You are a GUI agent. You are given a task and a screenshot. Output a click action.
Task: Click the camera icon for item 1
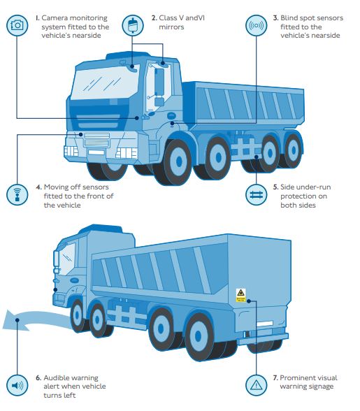click(x=17, y=25)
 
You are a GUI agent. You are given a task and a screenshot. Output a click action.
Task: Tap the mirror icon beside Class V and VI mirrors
click(x=133, y=25)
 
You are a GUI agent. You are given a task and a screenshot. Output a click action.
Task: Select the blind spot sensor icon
click(x=256, y=25)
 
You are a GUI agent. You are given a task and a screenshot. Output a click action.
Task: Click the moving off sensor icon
click(x=17, y=194)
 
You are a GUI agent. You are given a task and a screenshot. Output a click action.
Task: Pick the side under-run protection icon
click(x=256, y=195)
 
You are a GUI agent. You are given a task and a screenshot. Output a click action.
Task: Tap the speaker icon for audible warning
click(x=17, y=385)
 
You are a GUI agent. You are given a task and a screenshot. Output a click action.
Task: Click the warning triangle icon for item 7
click(x=256, y=385)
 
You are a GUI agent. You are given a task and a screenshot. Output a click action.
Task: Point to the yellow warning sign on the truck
click(x=240, y=295)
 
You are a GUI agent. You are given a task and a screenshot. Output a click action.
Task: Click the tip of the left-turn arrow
click(x=3, y=328)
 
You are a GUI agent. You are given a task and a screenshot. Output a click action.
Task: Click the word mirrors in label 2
click(x=171, y=27)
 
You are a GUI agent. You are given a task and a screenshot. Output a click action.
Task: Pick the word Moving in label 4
click(x=58, y=187)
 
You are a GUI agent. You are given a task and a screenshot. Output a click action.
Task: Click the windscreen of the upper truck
click(x=104, y=82)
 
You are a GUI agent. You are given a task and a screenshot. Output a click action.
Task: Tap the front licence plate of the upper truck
click(x=96, y=152)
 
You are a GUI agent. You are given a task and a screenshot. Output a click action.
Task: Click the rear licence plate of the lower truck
click(x=264, y=324)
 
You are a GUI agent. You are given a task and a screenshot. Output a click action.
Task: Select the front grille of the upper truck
click(x=96, y=140)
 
